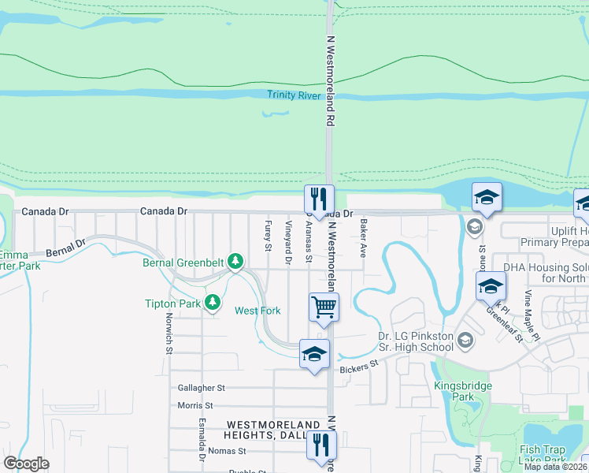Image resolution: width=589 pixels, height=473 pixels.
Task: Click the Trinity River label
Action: click(x=294, y=95)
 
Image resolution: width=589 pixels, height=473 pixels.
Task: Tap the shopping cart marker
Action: click(x=324, y=306)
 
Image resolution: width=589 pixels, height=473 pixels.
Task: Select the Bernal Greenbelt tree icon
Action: click(x=235, y=261)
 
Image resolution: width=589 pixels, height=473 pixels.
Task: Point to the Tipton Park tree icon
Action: click(x=212, y=302)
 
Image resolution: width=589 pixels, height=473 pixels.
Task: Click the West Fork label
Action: click(x=257, y=311)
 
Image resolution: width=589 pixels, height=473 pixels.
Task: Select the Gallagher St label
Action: click(x=201, y=388)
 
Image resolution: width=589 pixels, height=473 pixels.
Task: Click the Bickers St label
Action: click(x=359, y=367)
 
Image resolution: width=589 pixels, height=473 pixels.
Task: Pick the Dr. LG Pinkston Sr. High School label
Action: click(x=415, y=341)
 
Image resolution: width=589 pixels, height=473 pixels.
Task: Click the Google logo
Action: click(x=26, y=464)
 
